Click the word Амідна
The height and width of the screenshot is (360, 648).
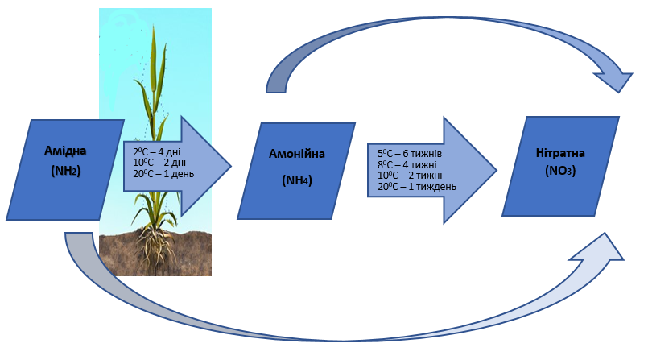click(x=65, y=151)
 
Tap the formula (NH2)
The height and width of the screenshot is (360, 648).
click(x=66, y=170)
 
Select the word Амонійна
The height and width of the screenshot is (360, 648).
click(x=297, y=154)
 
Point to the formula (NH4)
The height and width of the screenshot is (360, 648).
click(x=297, y=180)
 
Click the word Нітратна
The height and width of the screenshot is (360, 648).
click(x=560, y=153)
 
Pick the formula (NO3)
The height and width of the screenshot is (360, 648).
click(x=560, y=170)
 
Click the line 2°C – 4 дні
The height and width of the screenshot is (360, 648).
click(x=157, y=152)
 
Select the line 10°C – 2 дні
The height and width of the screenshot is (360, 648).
click(x=159, y=163)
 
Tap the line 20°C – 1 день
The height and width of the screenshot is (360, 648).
click(x=163, y=174)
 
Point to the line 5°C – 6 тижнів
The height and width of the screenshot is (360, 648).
click(x=410, y=154)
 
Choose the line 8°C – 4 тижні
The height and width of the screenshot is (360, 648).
click(x=407, y=164)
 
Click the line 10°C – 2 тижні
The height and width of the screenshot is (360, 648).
click(x=410, y=176)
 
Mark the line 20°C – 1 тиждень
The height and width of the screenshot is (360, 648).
click(x=417, y=186)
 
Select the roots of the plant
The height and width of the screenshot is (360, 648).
click(x=155, y=246)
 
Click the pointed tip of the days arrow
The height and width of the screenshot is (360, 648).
click(x=231, y=166)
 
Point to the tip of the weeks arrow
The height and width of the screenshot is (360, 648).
click(x=497, y=170)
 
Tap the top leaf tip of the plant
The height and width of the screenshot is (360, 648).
click(x=155, y=27)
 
